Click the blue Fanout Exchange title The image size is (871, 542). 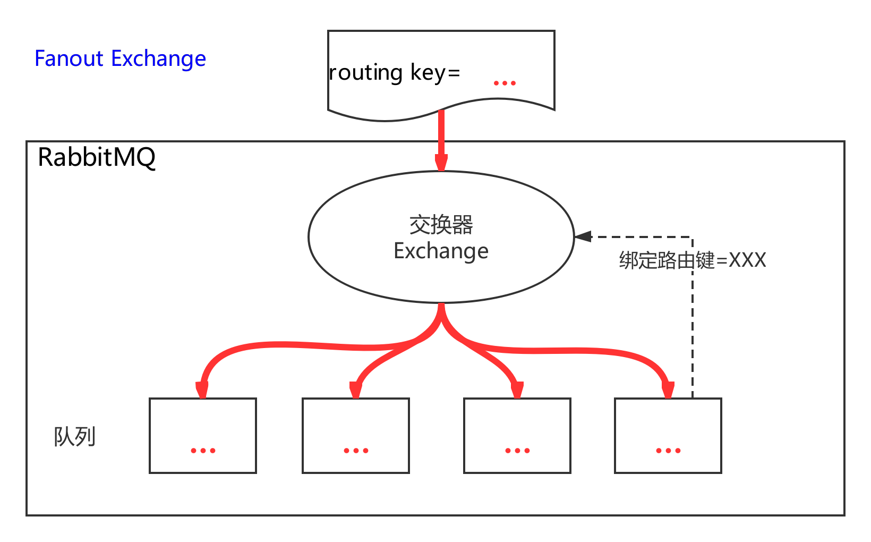120,58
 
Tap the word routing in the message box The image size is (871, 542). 366,73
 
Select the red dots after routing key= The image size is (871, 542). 505,83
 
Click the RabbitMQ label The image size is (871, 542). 97,157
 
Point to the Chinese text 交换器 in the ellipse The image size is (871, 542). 441,225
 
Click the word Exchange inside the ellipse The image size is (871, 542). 441,251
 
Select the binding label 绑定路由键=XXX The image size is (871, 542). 693,260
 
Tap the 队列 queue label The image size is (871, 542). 74,437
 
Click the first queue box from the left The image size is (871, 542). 203,435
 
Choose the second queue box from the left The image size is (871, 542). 356,435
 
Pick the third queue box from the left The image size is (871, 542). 517,435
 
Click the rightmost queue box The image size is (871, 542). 668,435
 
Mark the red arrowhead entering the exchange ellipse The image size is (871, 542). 441,163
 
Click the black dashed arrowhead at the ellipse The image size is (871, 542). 583,236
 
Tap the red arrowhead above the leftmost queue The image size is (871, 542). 202,390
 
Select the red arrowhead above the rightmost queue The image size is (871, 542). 668,390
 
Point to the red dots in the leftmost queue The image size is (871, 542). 203,451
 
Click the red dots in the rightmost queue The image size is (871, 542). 668,451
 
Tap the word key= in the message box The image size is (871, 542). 435,73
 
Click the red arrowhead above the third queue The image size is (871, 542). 517,390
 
